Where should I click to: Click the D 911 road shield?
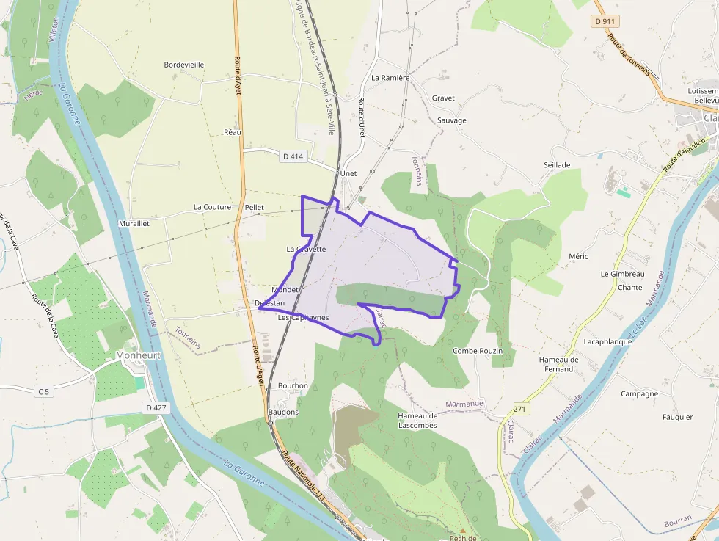tap(605, 21)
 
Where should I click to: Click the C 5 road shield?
tap(45, 391)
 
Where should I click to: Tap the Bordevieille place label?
tap(183, 65)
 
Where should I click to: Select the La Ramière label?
tap(390, 77)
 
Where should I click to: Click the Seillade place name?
tap(557, 165)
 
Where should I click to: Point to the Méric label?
tap(578, 256)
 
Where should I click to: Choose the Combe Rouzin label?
tap(478, 351)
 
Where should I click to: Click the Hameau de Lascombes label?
tap(417, 421)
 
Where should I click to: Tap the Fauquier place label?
tap(677, 417)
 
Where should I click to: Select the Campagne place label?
tap(639, 393)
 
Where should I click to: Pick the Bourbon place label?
tap(293, 385)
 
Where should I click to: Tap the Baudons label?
tap(284, 412)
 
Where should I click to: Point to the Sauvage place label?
tap(451, 120)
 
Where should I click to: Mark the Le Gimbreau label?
tap(622, 274)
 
